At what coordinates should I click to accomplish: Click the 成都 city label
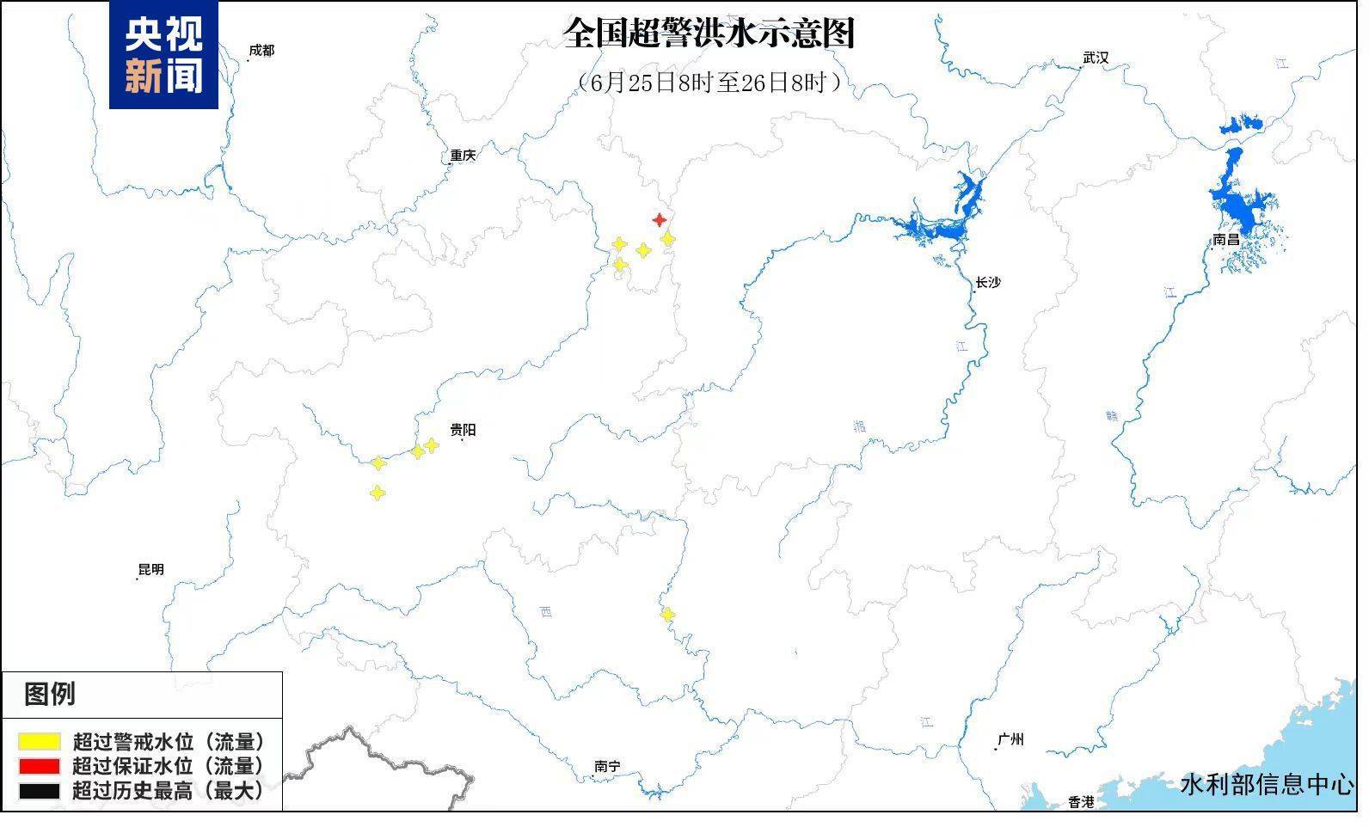[261, 51]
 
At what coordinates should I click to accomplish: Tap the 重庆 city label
[463, 156]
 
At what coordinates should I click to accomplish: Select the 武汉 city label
[1096, 58]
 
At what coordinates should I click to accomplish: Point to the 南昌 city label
[1226, 240]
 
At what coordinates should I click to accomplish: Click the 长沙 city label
[988, 282]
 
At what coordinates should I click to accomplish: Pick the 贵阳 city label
[463, 430]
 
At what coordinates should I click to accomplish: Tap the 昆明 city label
[150, 569]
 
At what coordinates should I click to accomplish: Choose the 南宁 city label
[607, 766]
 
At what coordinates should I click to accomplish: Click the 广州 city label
[1010, 739]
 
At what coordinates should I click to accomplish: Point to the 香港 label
[1081, 801]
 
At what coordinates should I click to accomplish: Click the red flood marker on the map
[660, 220]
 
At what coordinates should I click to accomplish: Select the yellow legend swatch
[40, 741]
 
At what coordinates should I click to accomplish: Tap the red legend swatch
[40, 766]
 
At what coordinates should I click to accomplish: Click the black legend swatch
[40, 790]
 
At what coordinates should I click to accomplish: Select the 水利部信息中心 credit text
[1267, 784]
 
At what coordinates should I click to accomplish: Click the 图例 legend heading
[50, 694]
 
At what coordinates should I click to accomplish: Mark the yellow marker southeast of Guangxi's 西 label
[667, 615]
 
